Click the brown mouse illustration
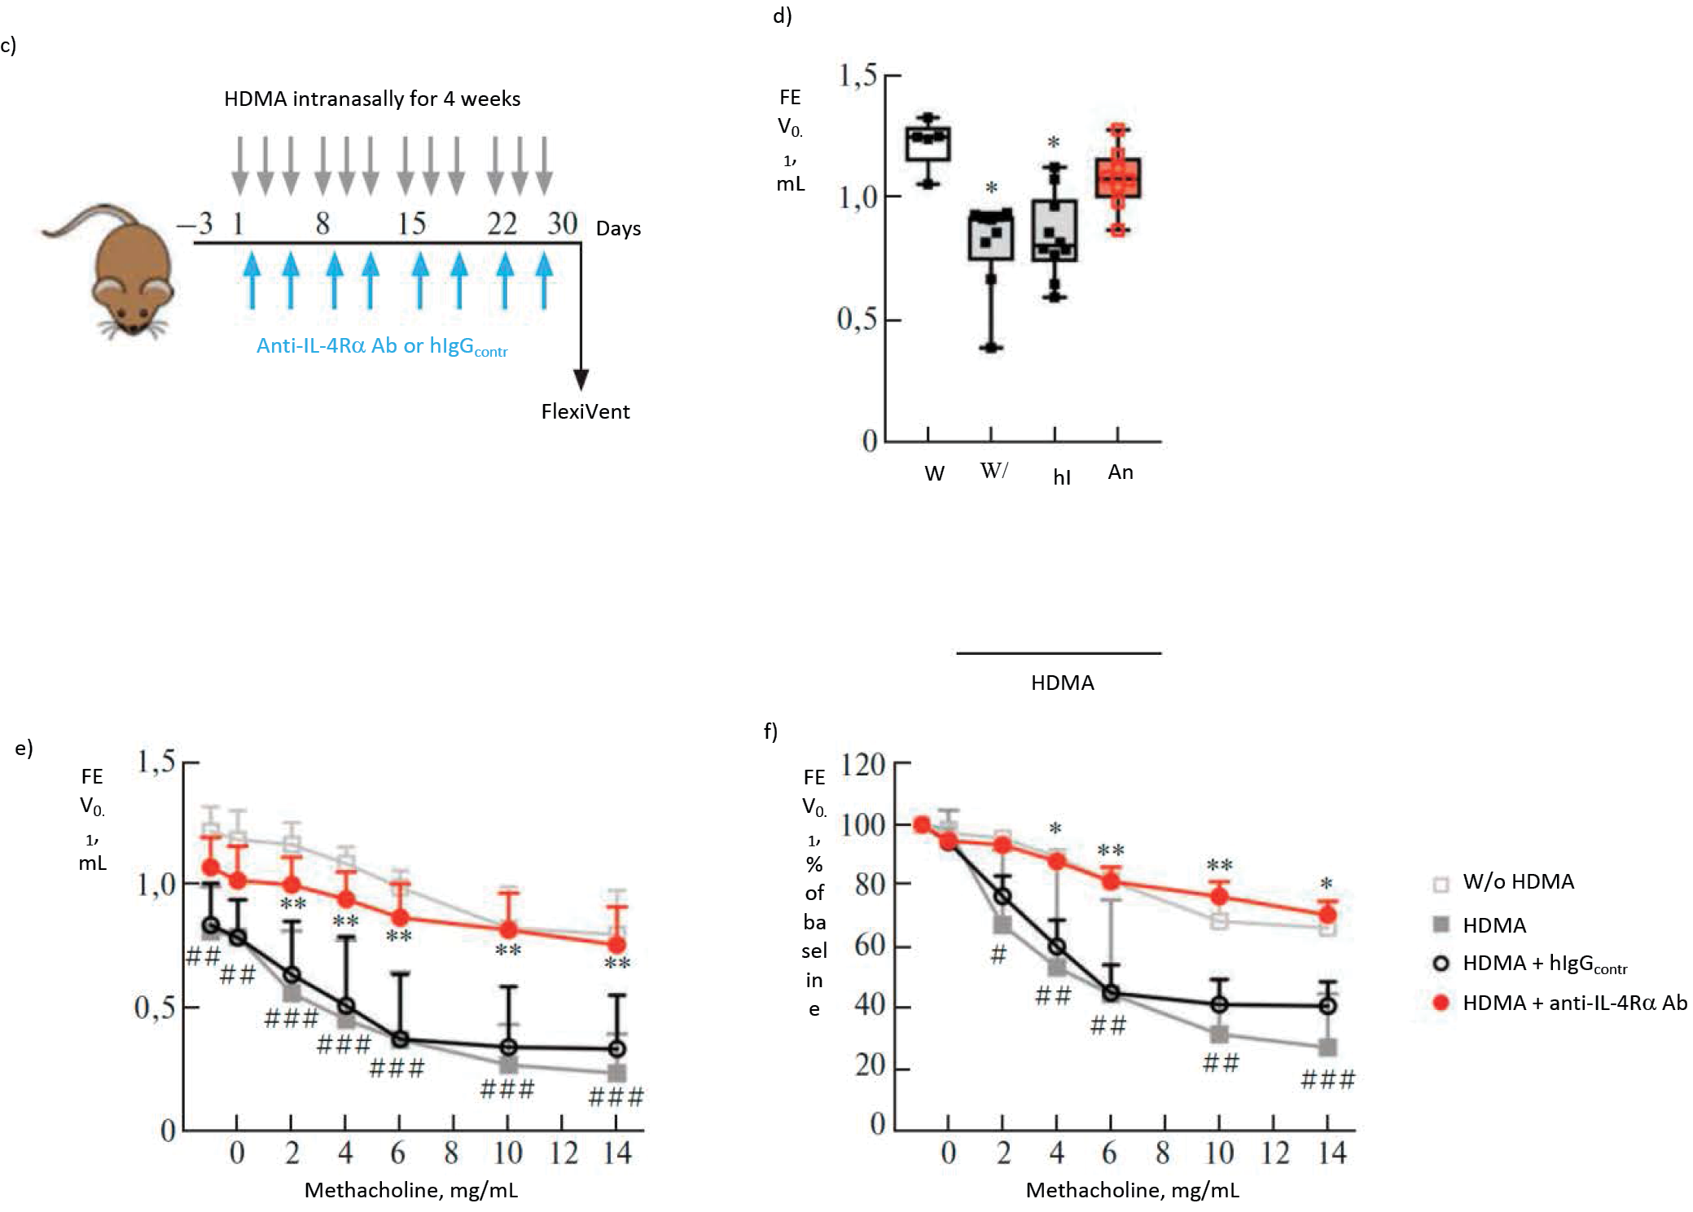click(x=122, y=269)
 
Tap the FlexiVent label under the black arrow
click(x=585, y=411)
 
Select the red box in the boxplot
click(x=1117, y=178)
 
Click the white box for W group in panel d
click(x=928, y=144)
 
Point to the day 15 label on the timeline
click(x=411, y=223)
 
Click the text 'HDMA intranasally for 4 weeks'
click(x=372, y=99)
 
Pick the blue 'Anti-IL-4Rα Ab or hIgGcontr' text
click(x=381, y=346)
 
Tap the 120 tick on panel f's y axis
click(x=863, y=764)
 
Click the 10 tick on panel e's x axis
click(x=507, y=1153)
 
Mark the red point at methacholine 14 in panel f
click(x=1327, y=915)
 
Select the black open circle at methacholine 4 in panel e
click(x=346, y=1007)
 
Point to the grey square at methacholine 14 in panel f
click(x=1327, y=1047)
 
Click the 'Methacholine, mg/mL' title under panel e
click(x=410, y=1190)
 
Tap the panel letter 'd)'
click(x=782, y=15)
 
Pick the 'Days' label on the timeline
click(x=618, y=228)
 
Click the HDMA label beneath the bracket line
click(x=1062, y=683)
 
